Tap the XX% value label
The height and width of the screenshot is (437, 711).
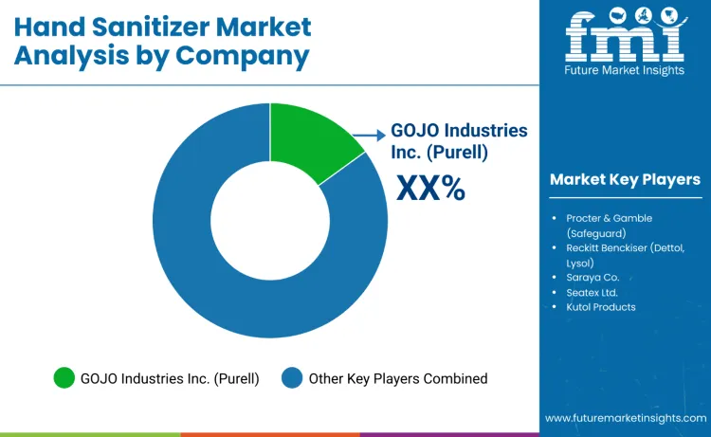pyautogui.click(x=430, y=188)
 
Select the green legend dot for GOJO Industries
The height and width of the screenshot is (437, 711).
pyautogui.click(x=64, y=378)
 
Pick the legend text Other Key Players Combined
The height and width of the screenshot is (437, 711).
pyautogui.click(x=397, y=378)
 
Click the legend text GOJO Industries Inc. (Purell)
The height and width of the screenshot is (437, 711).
pyautogui.click(x=169, y=378)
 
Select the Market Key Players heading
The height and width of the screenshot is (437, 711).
pyautogui.click(x=625, y=179)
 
